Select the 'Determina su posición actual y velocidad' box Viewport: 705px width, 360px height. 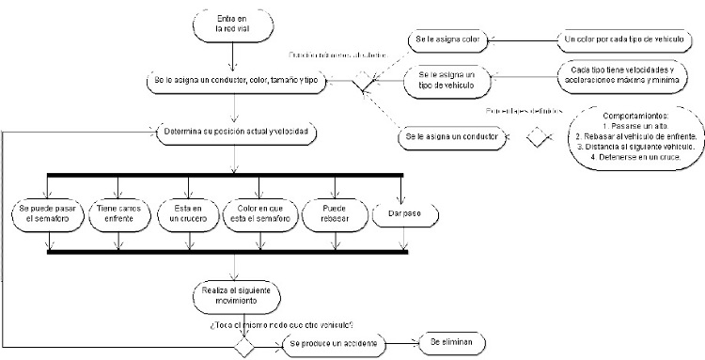coord(239,131)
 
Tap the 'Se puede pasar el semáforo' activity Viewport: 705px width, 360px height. coord(49,212)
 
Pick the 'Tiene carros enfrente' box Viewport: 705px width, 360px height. coord(117,212)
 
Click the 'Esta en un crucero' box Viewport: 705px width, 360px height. coord(184,212)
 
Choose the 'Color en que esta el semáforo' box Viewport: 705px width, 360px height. coord(262,212)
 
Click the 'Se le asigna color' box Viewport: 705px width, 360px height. coord(449,41)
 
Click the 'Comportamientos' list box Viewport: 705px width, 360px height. coord(635,136)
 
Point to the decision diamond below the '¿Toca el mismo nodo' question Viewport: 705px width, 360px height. coord(244,346)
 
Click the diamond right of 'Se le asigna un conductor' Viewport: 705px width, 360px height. coord(538,138)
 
